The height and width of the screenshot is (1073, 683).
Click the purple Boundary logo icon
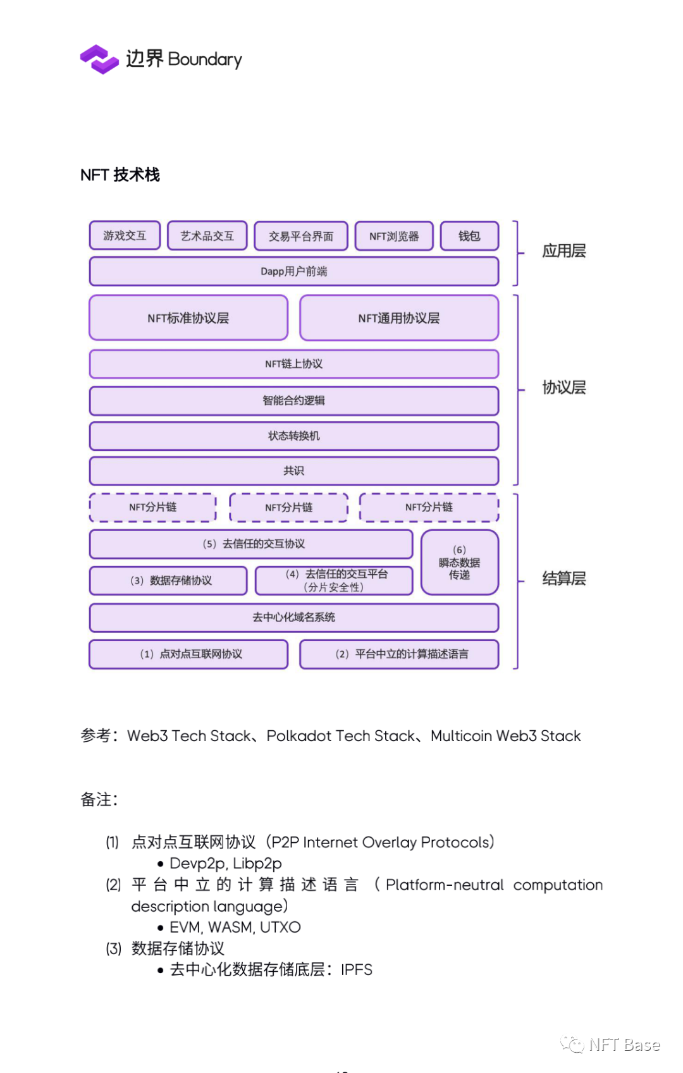point(99,59)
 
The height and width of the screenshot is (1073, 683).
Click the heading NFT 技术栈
point(120,175)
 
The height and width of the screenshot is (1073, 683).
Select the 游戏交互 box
point(125,236)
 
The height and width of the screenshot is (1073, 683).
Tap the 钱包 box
point(469,236)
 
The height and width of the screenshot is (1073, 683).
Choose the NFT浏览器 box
point(394,236)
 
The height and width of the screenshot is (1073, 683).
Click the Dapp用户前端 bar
point(293,272)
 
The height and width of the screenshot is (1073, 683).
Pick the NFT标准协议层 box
point(188,318)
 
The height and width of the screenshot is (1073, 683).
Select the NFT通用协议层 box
point(399,318)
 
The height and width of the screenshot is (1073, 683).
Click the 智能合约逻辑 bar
point(293,401)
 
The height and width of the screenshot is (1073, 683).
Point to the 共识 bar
point(293,471)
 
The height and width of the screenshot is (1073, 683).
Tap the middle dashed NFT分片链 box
point(288,508)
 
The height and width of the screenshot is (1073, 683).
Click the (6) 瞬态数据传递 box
point(460,563)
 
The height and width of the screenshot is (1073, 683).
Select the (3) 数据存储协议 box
point(168,580)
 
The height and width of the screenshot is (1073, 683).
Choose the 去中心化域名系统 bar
point(293,618)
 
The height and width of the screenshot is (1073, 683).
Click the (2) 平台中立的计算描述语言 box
point(399,654)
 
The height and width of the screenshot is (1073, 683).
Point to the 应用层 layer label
point(563,252)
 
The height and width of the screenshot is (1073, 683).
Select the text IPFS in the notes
point(357,970)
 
